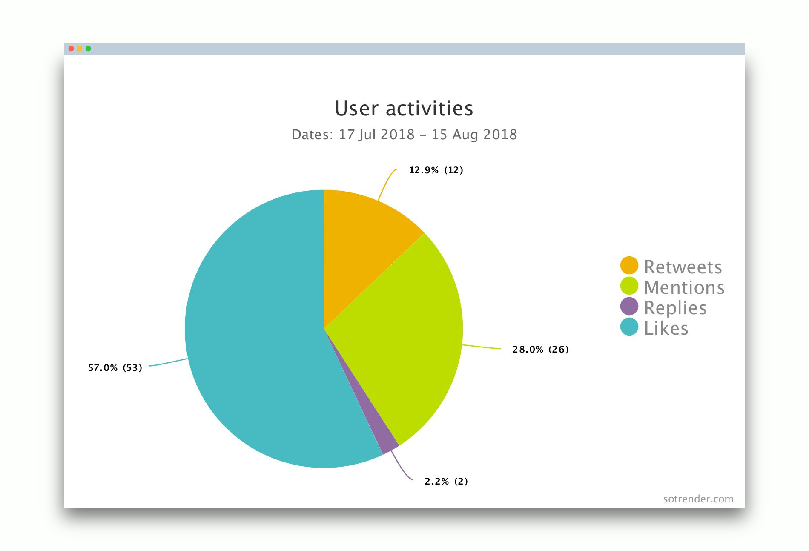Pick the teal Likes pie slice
(x=255, y=341)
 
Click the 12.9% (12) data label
(x=436, y=170)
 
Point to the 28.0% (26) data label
(x=540, y=350)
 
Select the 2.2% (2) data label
(x=446, y=482)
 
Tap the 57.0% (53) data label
(x=115, y=368)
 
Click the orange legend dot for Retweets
(x=629, y=265)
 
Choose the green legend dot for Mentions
(x=629, y=286)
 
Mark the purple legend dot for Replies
(x=629, y=306)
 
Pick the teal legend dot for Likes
(x=629, y=327)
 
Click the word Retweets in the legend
(x=683, y=267)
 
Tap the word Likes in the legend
(x=666, y=328)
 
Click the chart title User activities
(x=404, y=109)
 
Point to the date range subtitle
(x=404, y=135)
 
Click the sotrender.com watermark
(x=698, y=499)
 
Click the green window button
(x=88, y=49)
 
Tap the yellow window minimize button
(x=80, y=49)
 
